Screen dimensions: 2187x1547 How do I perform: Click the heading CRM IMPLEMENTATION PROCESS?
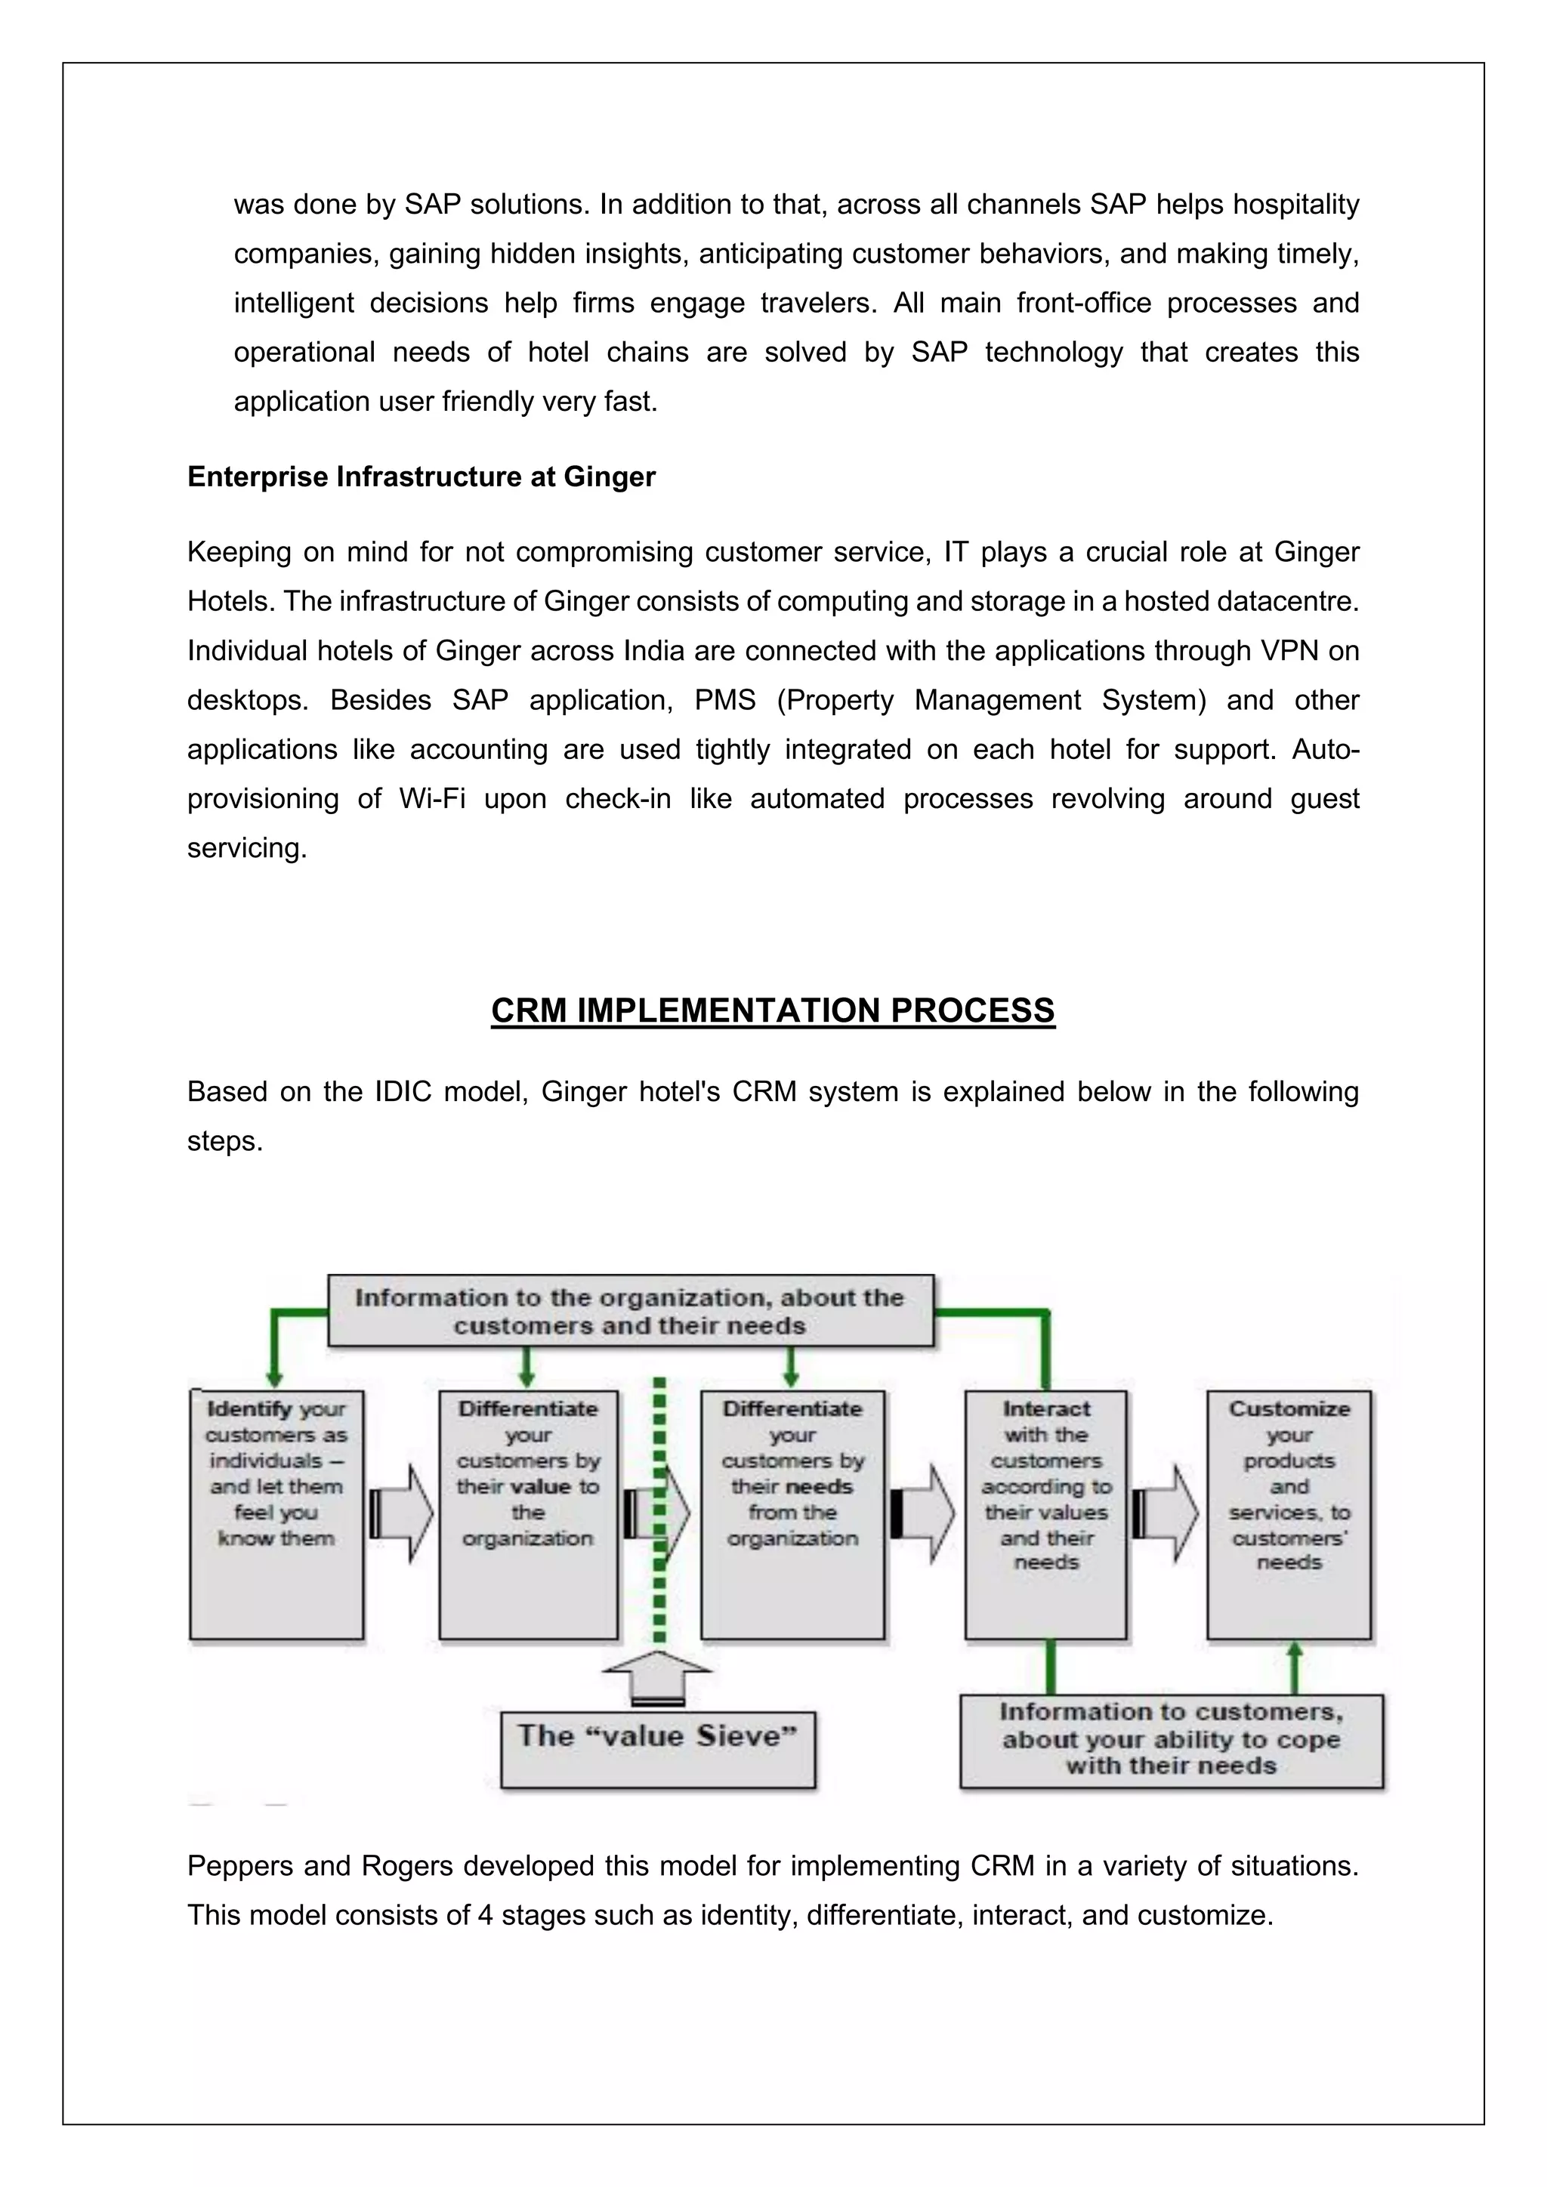tap(773, 1010)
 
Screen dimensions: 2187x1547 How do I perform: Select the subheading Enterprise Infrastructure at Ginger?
tap(421, 477)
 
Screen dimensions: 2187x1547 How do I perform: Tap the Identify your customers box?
tap(276, 1515)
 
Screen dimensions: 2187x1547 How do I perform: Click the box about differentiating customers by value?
tap(528, 1515)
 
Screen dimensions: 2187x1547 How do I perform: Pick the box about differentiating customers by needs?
tap(792, 1515)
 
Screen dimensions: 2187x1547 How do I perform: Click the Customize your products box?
tap(1288, 1515)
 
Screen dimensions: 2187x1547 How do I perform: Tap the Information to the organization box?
tap(630, 1311)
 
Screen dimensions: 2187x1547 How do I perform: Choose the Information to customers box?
tap(1171, 1739)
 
